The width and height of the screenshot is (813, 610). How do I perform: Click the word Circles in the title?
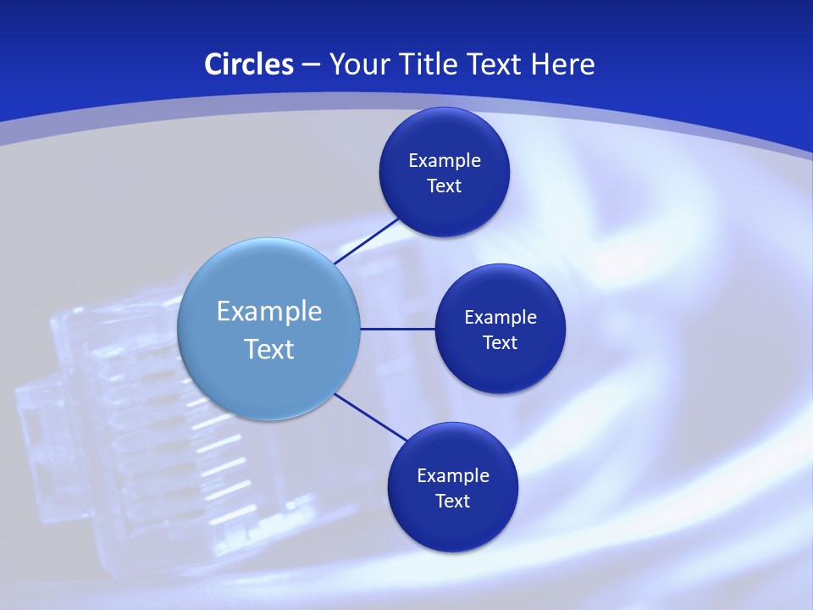coord(249,64)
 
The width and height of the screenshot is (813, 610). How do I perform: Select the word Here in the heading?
coord(562,64)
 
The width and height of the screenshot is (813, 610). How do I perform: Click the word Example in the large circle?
coord(269,311)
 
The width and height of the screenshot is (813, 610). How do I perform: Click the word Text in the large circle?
coord(269,349)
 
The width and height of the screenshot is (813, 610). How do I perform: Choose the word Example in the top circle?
coord(445,160)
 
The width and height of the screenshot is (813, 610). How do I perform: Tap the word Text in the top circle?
coord(445,186)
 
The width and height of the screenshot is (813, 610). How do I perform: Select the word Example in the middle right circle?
coord(500,317)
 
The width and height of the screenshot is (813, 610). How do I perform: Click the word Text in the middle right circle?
coord(500,342)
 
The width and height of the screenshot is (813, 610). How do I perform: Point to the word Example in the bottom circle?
coord(453,475)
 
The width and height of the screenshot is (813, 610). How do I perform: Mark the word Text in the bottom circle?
coord(453,501)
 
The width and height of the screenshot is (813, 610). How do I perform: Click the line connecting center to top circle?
coord(367,241)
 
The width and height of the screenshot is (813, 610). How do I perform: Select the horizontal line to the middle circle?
coord(397,329)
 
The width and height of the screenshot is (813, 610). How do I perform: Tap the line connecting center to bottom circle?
coord(371,417)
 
